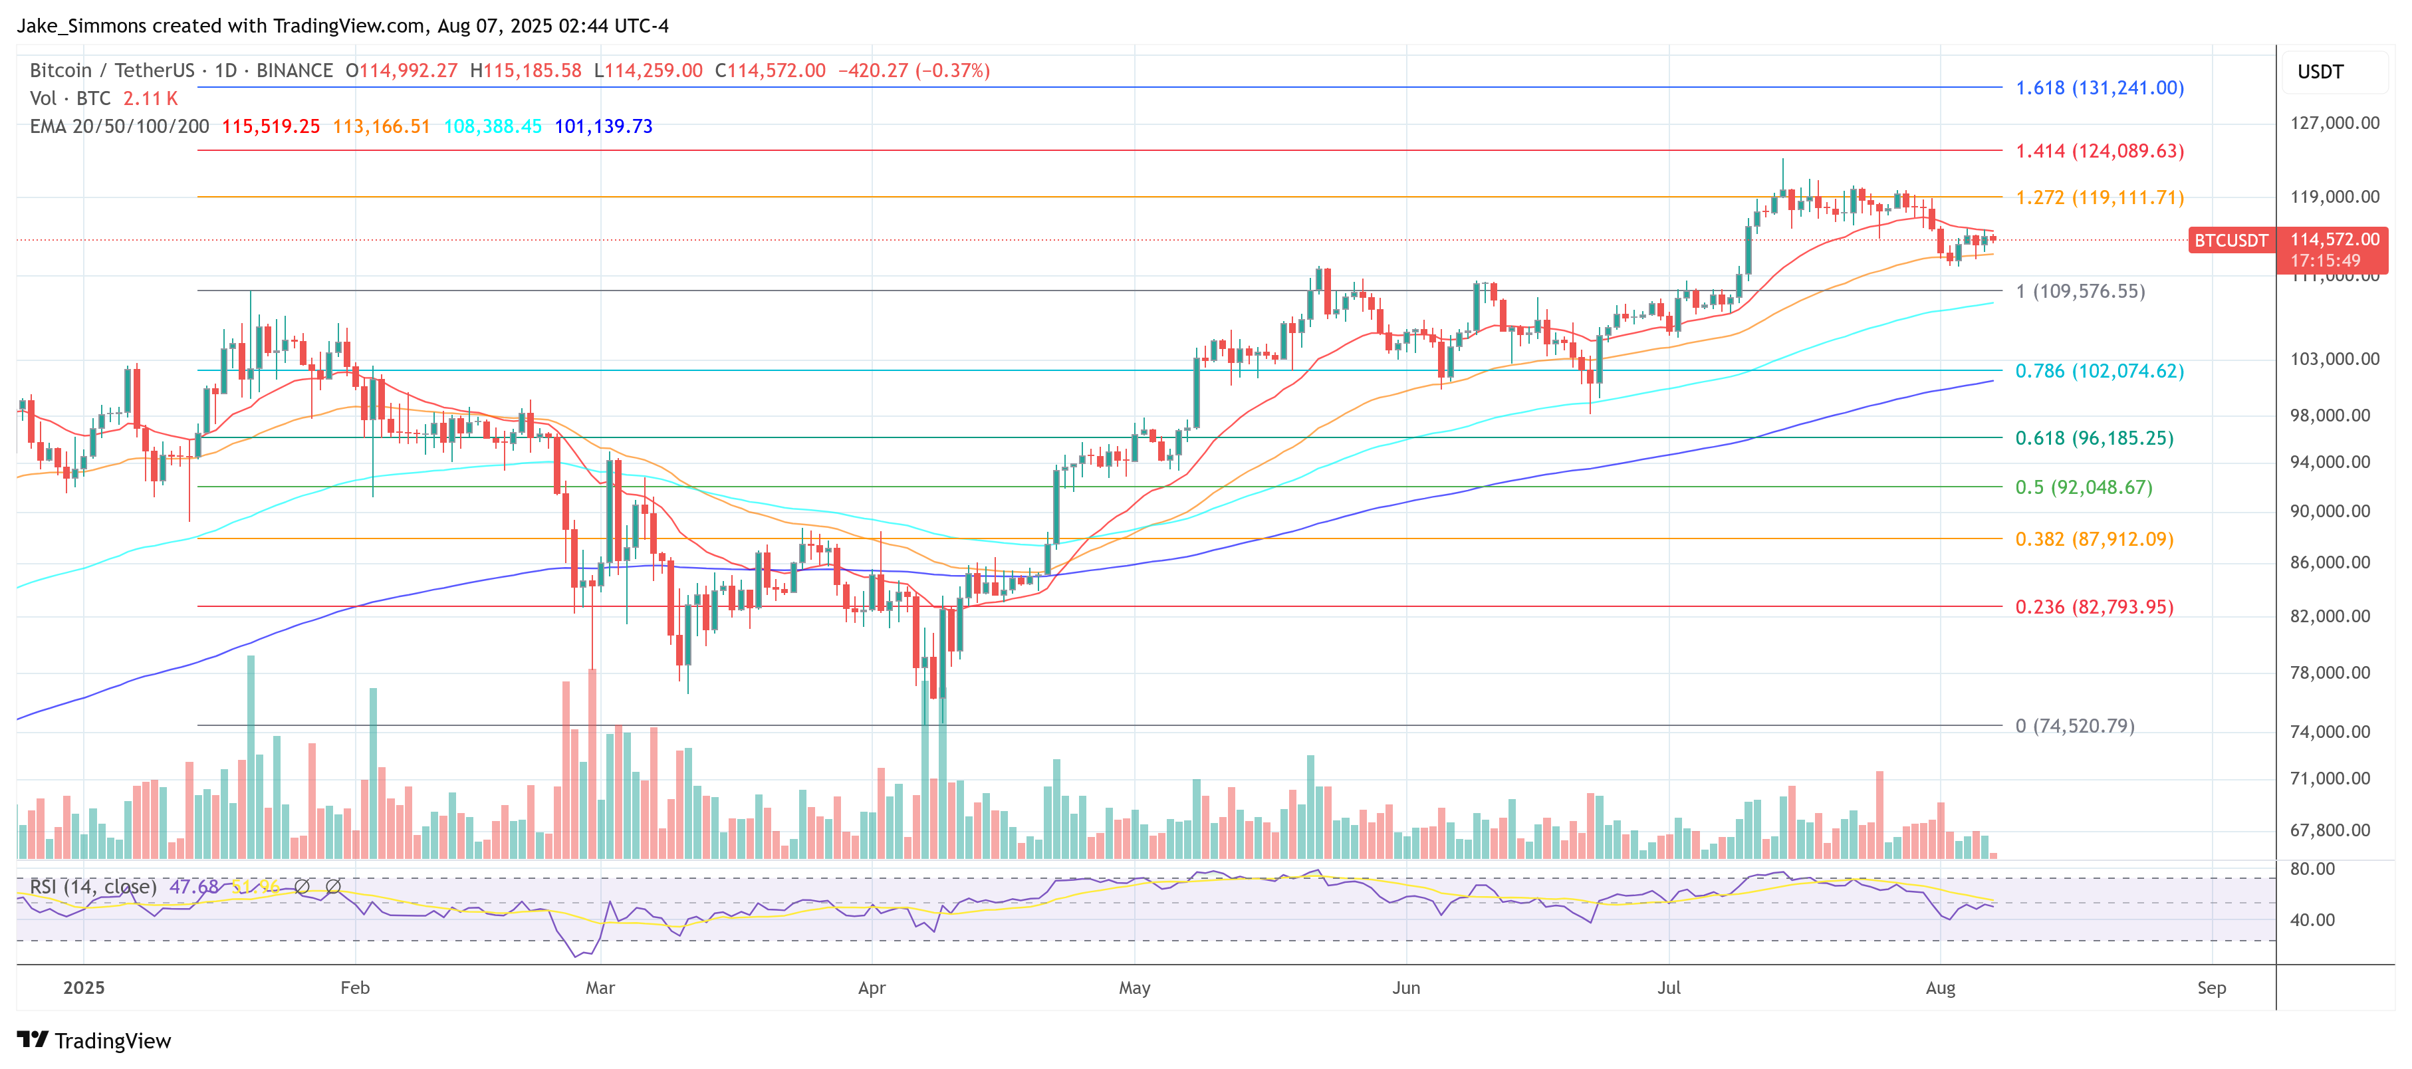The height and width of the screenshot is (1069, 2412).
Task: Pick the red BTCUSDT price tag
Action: click(x=2231, y=241)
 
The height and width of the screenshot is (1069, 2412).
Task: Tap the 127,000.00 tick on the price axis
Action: click(x=2334, y=122)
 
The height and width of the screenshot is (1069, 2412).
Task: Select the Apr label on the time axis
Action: click(x=871, y=987)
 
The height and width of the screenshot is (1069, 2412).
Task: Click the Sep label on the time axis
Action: click(x=2211, y=987)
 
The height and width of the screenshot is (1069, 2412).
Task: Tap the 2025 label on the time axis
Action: click(x=83, y=987)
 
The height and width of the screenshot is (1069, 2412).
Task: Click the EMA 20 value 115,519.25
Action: click(x=271, y=126)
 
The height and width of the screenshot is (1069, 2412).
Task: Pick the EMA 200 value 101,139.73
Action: click(x=603, y=126)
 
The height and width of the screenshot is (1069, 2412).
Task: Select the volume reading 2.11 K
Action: click(x=150, y=98)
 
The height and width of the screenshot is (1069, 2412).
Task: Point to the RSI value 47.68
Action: click(x=194, y=886)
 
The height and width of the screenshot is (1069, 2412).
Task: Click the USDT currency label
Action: click(x=2320, y=72)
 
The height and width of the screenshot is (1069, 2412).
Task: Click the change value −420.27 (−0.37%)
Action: click(x=913, y=70)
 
